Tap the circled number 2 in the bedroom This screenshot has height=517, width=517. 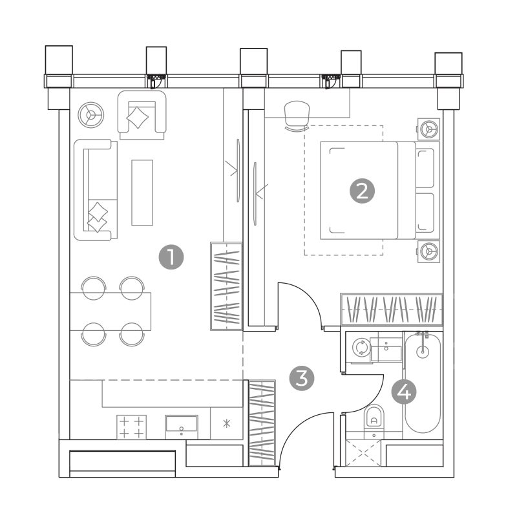point(362,191)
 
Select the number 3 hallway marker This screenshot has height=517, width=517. point(302,378)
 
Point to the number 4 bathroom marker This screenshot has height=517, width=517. point(404,392)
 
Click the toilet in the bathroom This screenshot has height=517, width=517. point(374,418)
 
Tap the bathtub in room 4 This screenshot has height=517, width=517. point(423,383)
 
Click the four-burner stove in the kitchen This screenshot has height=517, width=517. point(132,427)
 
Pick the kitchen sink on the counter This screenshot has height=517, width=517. point(182,427)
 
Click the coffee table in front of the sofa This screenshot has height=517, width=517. point(142,193)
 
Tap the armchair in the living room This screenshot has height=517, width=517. point(142,115)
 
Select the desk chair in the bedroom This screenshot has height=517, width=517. point(297,116)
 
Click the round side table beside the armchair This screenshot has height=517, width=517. point(91,115)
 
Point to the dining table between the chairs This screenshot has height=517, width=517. point(111,311)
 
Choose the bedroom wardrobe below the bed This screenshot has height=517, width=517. point(392,309)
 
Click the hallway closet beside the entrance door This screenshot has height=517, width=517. point(262,423)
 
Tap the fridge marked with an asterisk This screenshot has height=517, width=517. point(227,423)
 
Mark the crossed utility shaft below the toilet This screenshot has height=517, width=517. point(363,453)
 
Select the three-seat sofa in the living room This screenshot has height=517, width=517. point(96,190)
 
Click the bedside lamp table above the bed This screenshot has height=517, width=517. point(428,129)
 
